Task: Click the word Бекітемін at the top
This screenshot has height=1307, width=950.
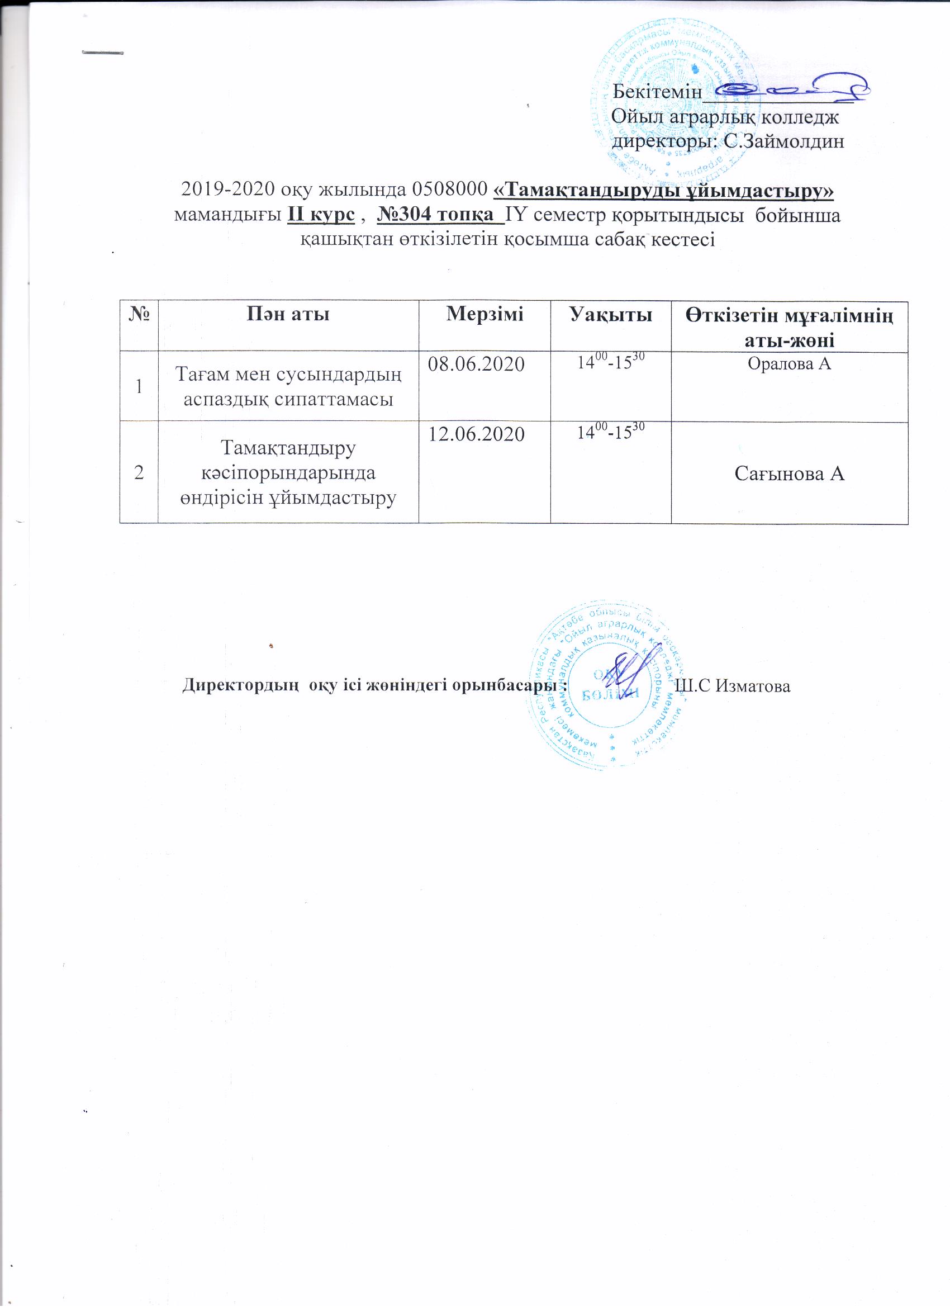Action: click(657, 92)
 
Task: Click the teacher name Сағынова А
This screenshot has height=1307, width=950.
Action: click(789, 473)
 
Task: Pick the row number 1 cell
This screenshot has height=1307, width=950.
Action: click(138, 386)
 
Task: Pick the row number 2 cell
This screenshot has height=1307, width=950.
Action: click(138, 473)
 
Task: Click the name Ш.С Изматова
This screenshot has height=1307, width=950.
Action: click(731, 686)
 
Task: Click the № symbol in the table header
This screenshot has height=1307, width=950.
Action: click(139, 314)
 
